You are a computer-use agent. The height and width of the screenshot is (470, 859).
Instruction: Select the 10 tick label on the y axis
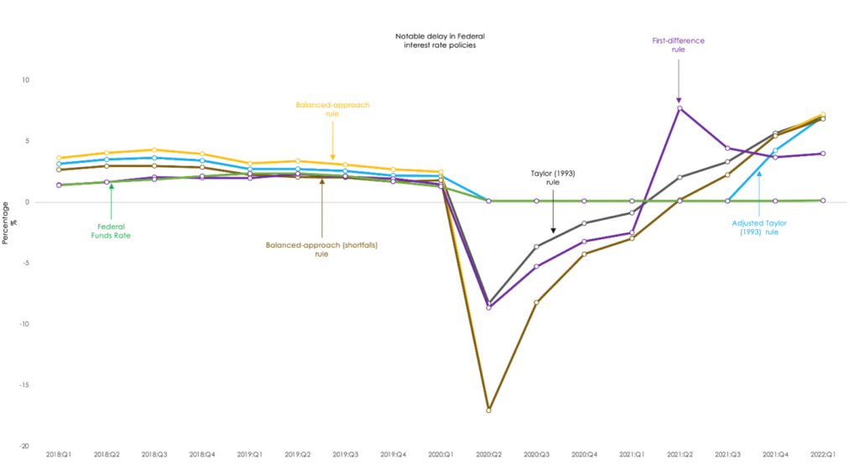click(26, 81)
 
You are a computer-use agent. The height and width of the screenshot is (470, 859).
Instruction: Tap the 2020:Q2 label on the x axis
click(488, 454)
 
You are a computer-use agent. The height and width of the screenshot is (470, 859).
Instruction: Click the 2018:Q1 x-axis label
click(58, 454)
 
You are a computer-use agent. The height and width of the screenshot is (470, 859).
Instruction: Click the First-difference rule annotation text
click(678, 44)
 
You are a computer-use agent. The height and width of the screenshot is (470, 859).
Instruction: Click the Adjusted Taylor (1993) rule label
click(758, 227)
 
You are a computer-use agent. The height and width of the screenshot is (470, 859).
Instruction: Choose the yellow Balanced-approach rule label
click(332, 110)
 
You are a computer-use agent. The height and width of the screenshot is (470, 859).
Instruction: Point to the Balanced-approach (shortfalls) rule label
click(321, 249)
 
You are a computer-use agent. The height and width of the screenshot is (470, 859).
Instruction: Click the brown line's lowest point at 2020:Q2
click(488, 410)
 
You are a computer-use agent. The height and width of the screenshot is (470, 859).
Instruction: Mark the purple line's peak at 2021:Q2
click(679, 108)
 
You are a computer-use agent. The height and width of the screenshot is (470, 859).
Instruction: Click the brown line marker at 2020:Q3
click(536, 302)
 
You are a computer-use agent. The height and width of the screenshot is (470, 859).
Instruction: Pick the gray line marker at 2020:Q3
click(536, 247)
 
